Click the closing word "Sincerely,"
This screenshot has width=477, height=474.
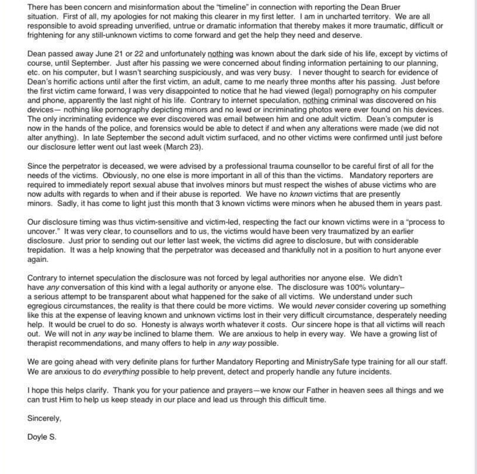(x=44, y=418)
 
